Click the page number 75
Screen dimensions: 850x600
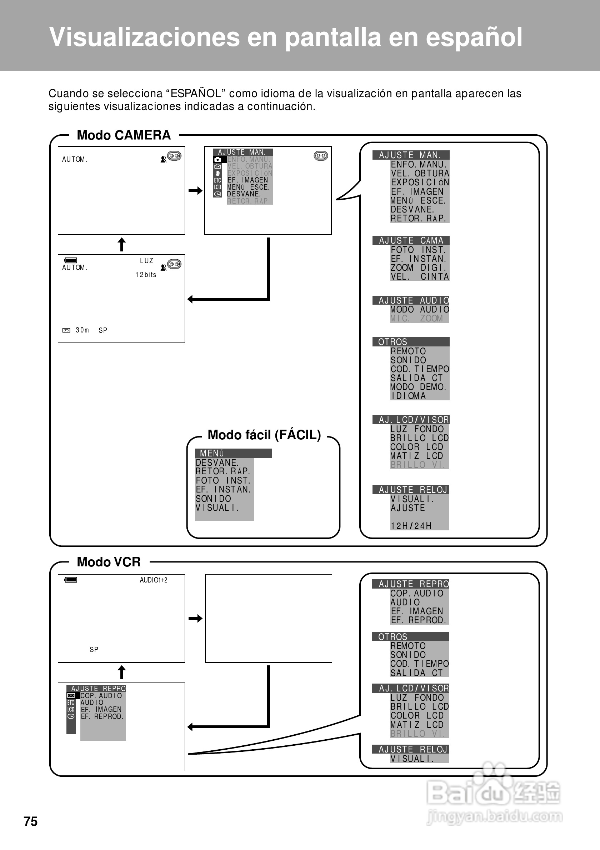[x=31, y=821]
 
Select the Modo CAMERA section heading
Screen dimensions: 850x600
[x=124, y=135]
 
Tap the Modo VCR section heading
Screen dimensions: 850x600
[x=109, y=562]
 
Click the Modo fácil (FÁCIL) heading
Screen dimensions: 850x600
[x=264, y=435]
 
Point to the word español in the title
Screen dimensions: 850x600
[x=474, y=37]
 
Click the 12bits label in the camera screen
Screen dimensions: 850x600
[x=145, y=275]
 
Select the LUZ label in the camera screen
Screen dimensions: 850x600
[x=146, y=261]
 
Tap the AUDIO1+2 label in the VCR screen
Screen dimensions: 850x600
[x=153, y=580]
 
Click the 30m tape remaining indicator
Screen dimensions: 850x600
[x=82, y=330]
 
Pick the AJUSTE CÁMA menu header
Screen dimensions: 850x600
[x=411, y=241]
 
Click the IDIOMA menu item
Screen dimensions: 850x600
[x=409, y=396]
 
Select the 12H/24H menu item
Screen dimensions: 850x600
[x=411, y=526]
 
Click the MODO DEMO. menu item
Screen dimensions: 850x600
[x=418, y=387]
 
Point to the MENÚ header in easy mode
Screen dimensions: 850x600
[x=212, y=453]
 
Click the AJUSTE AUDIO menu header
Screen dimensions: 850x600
[x=411, y=300]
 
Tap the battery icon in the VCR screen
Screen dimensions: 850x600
[x=71, y=580]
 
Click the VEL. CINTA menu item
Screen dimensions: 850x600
[x=420, y=276]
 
